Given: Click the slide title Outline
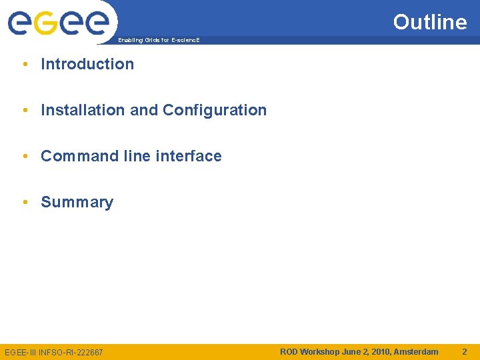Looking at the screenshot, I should (x=430, y=22).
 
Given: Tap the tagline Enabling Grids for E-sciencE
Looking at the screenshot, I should (x=159, y=41).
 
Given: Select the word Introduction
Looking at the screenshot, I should (x=87, y=64).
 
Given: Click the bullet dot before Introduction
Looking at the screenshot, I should (x=24, y=64).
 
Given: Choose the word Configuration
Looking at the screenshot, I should (x=215, y=110).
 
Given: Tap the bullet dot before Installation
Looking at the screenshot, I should (x=24, y=110).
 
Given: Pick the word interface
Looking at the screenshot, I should (x=188, y=156).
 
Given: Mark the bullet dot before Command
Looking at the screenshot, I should (x=24, y=156).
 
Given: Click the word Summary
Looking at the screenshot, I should (x=77, y=202).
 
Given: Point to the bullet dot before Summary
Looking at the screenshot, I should (x=24, y=202).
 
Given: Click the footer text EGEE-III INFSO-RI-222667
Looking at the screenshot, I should (x=54, y=352).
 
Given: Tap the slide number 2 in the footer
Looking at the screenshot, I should (x=465, y=351).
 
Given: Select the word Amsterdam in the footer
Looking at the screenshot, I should (x=416, y=351).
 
